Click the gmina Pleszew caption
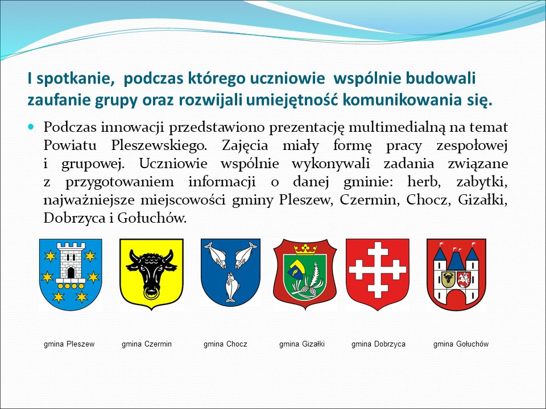point(69,344)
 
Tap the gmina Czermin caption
point(147,344)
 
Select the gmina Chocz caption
point(225,344)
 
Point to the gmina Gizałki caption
point(302,344)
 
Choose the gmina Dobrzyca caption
point(379,344)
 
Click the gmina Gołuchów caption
point(461,344)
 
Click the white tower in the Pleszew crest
point(71,262)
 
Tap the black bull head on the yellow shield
point(151,273)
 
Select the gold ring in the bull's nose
point(151,294)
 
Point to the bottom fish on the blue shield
point(230,287)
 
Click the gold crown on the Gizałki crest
point(305,249)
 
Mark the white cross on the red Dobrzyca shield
point(378,270)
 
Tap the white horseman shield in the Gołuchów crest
point(464,279)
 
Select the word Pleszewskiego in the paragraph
point(159,145)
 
